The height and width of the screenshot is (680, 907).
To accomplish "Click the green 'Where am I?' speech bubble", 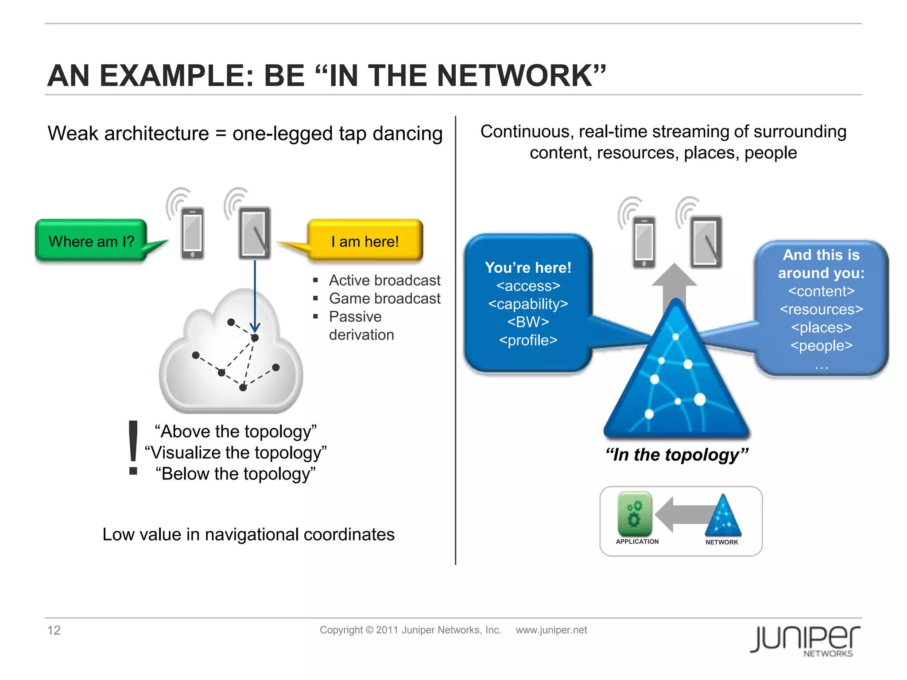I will click(x=91, y=241).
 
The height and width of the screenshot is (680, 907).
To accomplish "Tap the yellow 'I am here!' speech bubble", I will click(x=365, y=241).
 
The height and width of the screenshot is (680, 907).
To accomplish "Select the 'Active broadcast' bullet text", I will click(x=384, y=280).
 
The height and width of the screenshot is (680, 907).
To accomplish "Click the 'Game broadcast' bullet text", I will click(x=384, y=298).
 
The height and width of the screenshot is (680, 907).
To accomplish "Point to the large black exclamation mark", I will click(x=133, y=447).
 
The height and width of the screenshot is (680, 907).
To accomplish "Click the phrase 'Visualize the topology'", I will click(x=236, y=452).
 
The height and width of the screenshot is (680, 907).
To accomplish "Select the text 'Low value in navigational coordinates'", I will click(x=248, y=534).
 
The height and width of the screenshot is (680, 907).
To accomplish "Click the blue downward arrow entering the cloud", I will click(x=255, y=297).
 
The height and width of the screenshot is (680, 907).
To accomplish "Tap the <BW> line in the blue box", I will click(x=528, y=322).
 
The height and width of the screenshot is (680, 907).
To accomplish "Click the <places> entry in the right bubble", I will click(x=821, y=327).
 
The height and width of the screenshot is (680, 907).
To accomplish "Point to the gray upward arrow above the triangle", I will click(x=674, y=283).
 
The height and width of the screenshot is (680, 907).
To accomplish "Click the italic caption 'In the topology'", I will click(x=677, y=455).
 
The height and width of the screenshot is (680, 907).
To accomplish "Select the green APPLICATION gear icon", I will click(x=635, y=514).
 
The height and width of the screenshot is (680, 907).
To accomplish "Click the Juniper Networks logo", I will click(x=805, y=640).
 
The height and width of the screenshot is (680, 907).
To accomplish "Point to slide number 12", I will click(x=54, y=630).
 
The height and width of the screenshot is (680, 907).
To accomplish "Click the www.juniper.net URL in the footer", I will click(x=551, y=630).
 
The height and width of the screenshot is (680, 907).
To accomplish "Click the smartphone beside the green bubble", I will click(x=193, y=233).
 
